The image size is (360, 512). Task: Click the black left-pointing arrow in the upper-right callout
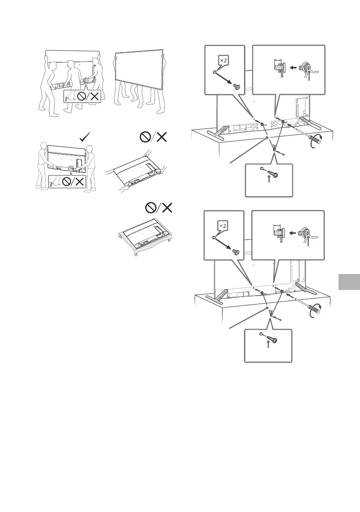(294, 67)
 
